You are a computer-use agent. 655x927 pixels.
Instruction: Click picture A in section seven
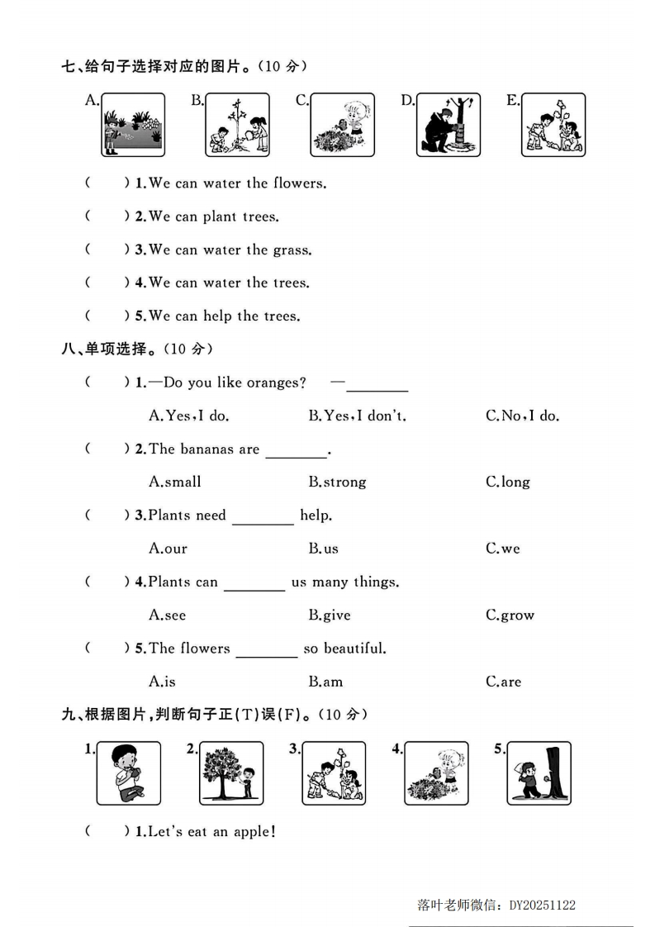pos(133,125)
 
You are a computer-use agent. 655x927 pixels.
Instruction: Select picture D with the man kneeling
pos(448,125)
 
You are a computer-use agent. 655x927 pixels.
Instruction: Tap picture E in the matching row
pos(553,125)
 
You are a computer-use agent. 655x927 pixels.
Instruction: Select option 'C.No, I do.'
pos(522,416)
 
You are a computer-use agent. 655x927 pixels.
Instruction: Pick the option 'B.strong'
pos(337,483)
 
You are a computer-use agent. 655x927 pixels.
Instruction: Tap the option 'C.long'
pos(508,483)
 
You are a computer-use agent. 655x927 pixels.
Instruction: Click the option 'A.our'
pos(168,549)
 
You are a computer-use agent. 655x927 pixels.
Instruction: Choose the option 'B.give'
pos(330,616)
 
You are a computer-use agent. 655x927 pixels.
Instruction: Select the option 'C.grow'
pos(510,616)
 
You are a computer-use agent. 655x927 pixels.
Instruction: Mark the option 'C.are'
pos(503,682)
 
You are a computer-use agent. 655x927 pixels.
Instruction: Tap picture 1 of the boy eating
pos(128,772)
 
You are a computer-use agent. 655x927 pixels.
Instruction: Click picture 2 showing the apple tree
pos(231,772)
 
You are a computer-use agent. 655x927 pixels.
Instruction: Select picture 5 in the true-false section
pos(539,772)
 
